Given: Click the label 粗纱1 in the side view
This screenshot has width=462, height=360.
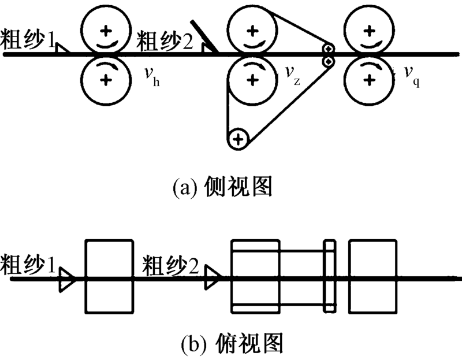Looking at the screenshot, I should coord(28,41).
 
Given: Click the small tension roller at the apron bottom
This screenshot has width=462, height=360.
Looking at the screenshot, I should coord(237,139).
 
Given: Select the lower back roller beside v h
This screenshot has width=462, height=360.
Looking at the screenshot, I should coord(105,80).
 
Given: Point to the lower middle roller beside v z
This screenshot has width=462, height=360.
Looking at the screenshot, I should coord(251,80).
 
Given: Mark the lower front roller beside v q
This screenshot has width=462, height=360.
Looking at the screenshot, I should coord(369,80).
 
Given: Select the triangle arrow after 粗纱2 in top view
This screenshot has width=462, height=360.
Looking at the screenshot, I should coord(213,277).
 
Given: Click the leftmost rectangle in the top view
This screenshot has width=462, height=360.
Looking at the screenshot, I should coord(109,276).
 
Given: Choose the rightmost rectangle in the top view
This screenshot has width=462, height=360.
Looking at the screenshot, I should coord(373,276).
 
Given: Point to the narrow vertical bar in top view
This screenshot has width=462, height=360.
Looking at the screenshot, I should coord(329,276).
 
